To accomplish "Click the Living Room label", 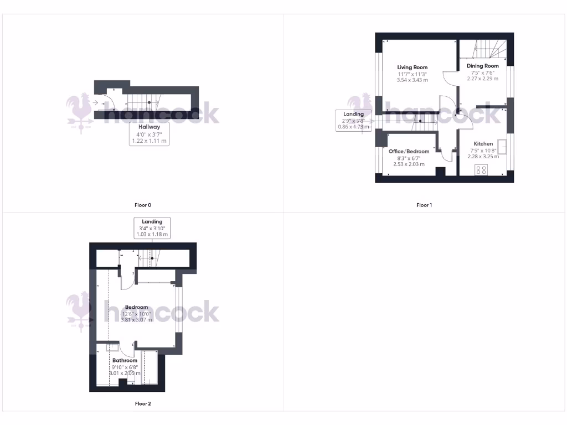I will (413, 68).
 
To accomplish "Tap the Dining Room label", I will (482, 66).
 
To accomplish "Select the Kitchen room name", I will (483, 144).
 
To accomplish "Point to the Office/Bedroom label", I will (409, 152).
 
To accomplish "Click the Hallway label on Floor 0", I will (149, 127).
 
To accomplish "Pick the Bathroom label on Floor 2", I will (125, 361).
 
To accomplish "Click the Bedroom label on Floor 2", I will (136, 307).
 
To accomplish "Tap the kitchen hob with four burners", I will (481, 170).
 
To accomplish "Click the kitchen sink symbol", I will (503, 147).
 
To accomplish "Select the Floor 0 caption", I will (143, 205).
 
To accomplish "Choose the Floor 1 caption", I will (424, 205).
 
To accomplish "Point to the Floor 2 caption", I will (143, 403).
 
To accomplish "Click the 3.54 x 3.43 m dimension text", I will (413, 80).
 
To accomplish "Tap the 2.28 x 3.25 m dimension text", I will (483, 157).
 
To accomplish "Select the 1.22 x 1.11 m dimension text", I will (149, 141).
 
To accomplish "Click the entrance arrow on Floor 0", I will (96, 102).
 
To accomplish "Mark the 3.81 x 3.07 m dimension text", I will (136, 320).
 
